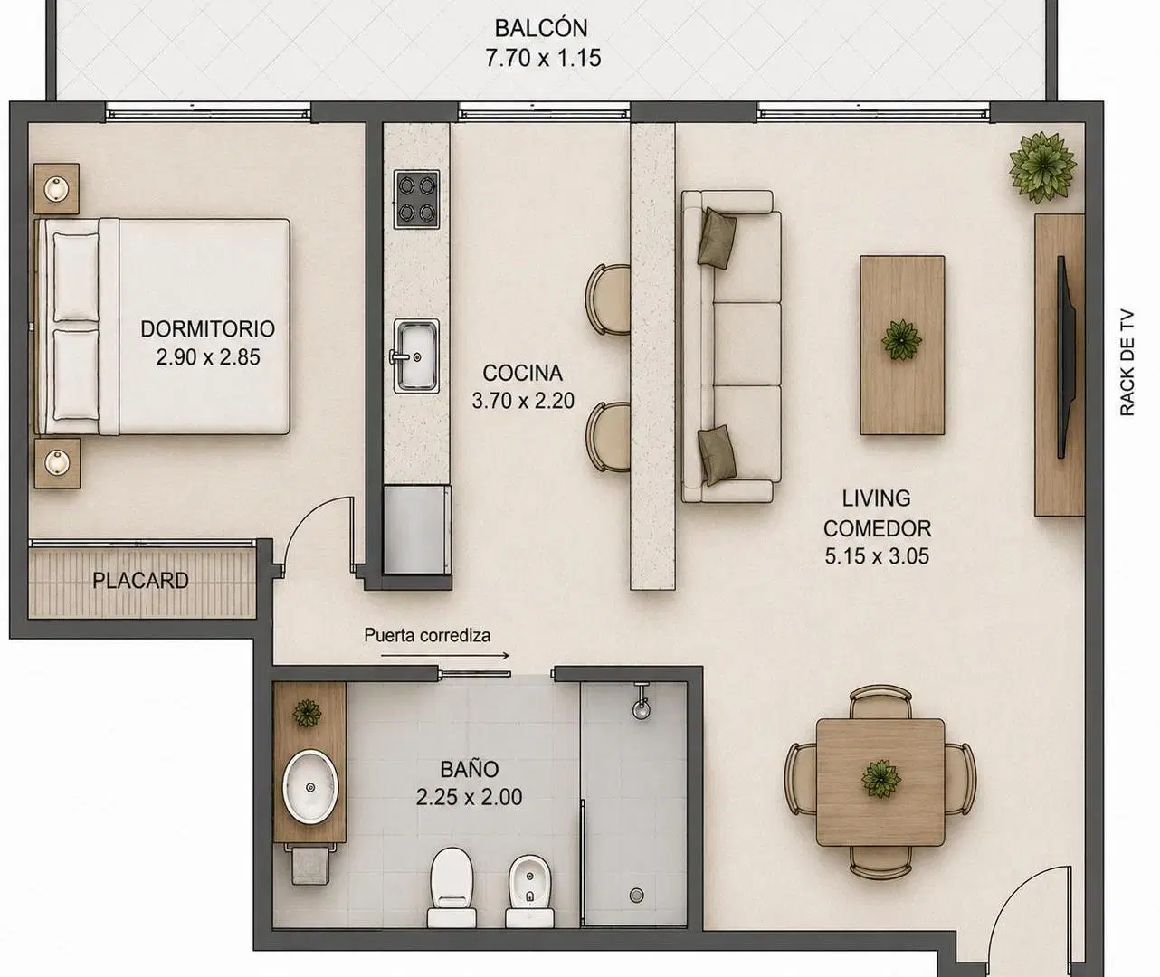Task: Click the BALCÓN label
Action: click(541, 29)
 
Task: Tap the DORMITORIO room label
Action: click(208, 328)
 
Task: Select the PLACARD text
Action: click(140, 581)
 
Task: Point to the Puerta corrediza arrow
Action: click(445, 656)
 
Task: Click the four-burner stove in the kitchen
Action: click(416, 199)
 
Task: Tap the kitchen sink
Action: click(415, 356)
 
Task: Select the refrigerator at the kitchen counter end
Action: click(416, 530)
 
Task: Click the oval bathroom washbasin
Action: click(310, 786)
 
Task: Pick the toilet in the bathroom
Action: click(452, 895)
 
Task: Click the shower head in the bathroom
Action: click(642, 702)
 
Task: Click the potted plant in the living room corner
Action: click(1042, 167)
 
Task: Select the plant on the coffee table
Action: click(901, 340)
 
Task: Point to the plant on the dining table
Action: click(880, 779)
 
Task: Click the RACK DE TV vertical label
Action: click(1127, 363)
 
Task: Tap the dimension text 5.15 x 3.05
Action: click(877, 556)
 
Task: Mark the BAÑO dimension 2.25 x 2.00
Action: click(469, 797)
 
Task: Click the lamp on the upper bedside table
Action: click(56, 188)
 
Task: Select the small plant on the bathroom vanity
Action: click(307, 713)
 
